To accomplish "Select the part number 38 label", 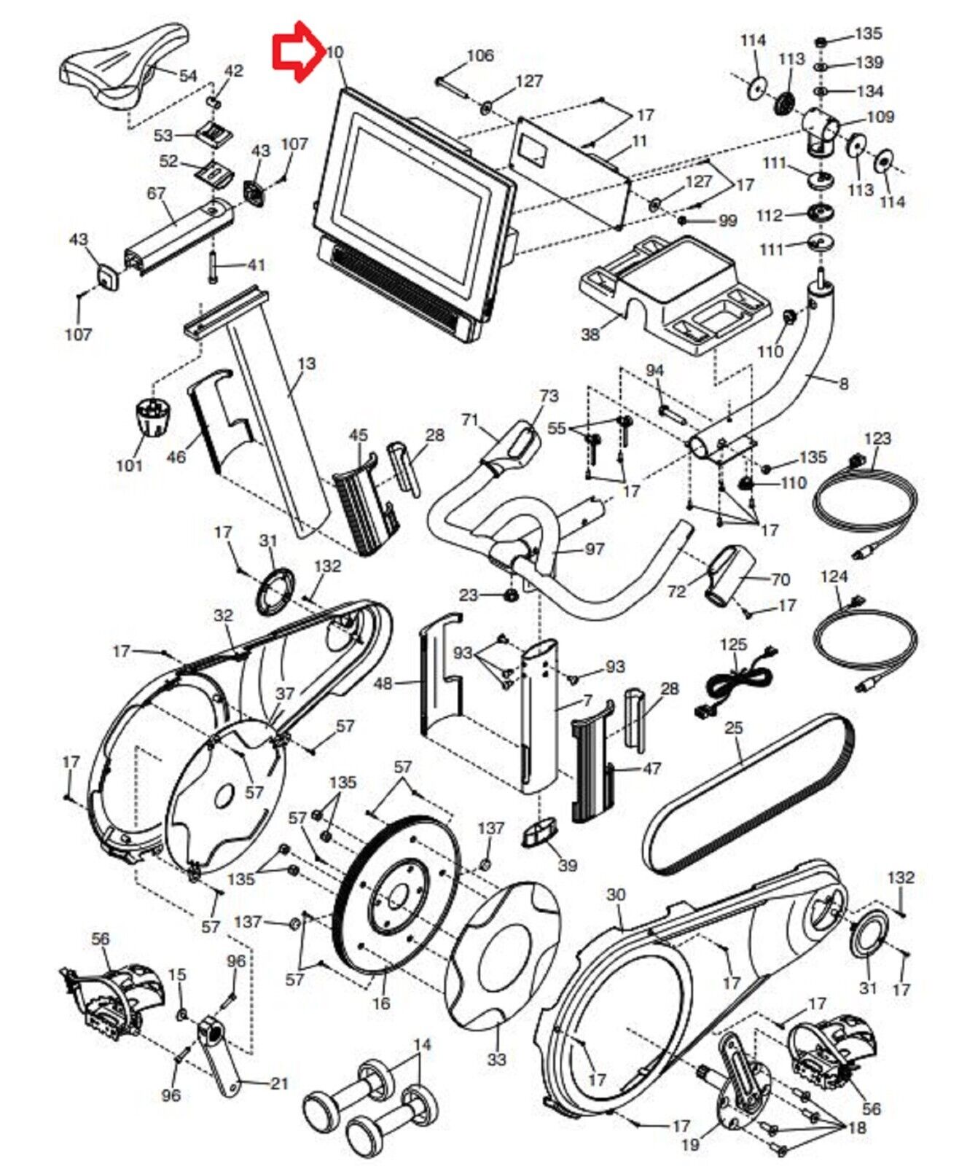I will [590, 334].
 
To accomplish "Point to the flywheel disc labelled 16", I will [397, 893].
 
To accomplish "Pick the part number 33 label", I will [496, 1059].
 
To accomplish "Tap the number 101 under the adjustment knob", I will [129, 464].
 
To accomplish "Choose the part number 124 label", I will [834, 577].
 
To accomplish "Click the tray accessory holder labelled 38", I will [674, 291].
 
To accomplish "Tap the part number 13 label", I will [307, 363].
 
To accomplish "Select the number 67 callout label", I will [156, 193].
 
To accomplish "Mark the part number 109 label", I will [880, 117].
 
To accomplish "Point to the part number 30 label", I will [616, 895].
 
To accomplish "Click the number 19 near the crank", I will [689, 1145].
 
